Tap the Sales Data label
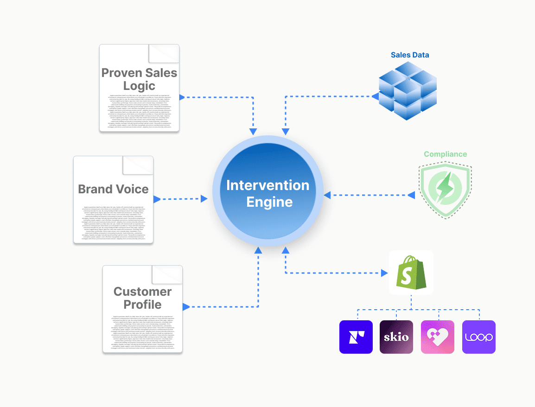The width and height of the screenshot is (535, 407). point(410,55)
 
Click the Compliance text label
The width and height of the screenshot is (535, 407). point(445,154)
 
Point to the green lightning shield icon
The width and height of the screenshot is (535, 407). point(446,189)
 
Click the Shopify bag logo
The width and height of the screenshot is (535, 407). point(411,272)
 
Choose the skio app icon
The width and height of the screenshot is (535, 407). point(396,337)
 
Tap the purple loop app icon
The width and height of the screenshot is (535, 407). point(479,337)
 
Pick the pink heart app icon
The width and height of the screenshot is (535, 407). point(438,337)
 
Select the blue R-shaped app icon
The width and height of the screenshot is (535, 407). point(356,337)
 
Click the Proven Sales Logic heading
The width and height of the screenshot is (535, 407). point(139,79)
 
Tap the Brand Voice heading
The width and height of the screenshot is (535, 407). point(113,189)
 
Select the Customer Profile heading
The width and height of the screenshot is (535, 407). point(142,298)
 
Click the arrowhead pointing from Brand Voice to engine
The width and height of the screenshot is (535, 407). point(204,199)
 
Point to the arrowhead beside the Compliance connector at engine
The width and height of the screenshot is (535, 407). point(327,195)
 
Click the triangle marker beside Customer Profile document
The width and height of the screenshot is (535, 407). point(186,307)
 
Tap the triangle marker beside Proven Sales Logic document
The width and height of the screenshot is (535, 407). point(182,97)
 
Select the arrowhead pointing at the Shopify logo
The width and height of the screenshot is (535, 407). point(384,273)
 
